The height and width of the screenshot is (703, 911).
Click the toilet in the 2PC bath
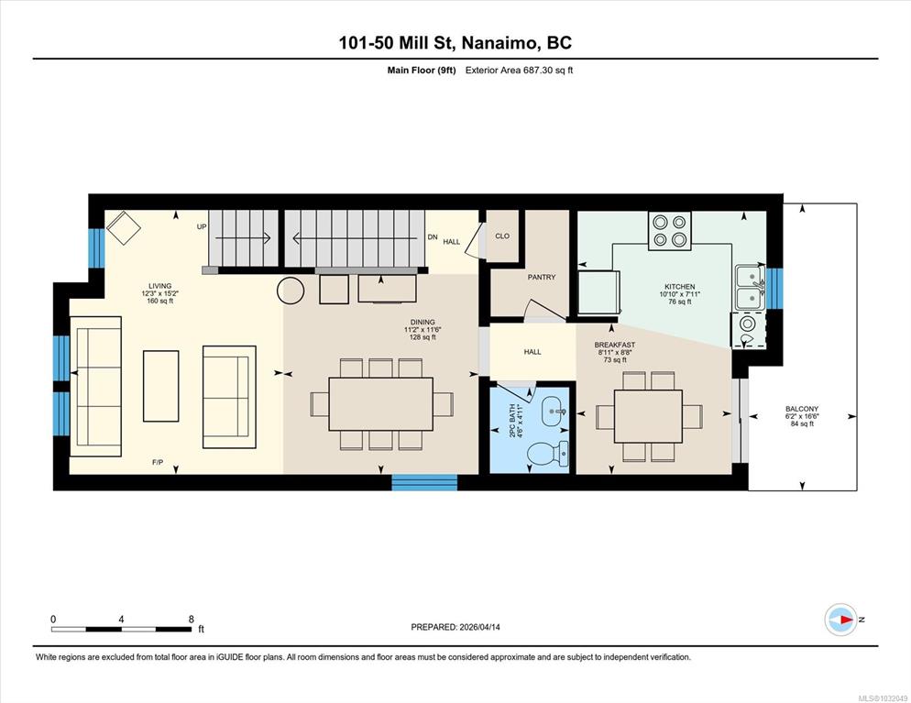[548, 453]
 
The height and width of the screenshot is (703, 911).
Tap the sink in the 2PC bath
[554, 412]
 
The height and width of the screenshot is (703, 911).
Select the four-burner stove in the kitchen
[670, 231]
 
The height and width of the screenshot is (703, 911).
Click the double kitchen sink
[750, 288]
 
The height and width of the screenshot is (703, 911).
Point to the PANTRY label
[542, 277]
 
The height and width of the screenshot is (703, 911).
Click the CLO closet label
[502, 236]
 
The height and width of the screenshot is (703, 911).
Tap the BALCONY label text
[802, 409]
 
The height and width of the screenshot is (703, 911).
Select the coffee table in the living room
[161, 386]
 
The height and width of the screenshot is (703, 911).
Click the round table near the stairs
[291, 291]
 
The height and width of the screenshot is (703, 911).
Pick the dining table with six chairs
[380, 404]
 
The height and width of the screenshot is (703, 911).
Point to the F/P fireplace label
[158, 463]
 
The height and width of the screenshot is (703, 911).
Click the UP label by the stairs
[202, 226]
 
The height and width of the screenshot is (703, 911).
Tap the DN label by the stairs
[433, 237]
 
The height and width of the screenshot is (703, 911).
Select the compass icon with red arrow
[840, 620]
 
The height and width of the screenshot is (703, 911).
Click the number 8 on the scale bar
[192, 620]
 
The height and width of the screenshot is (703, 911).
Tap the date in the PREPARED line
[480, 627]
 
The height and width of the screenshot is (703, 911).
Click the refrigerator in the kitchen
[599, 293]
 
